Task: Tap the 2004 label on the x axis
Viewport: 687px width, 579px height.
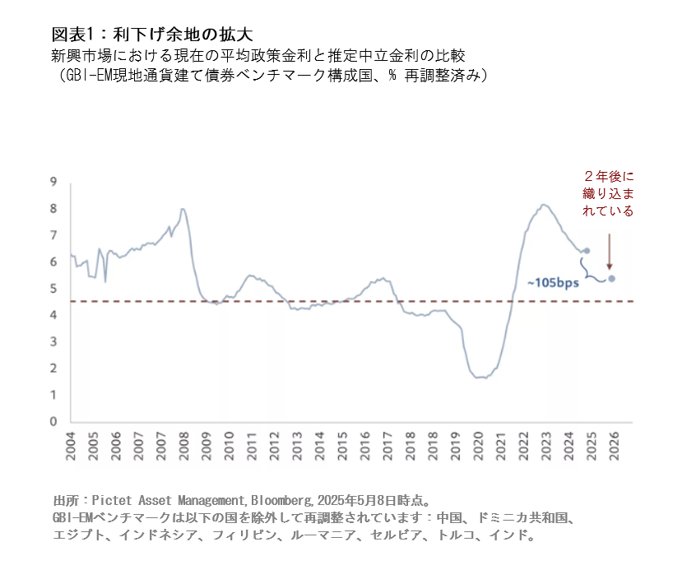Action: pyautogui.click(x=70, y=447)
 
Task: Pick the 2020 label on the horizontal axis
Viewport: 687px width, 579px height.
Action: pyautogui.click(x=478, y=447)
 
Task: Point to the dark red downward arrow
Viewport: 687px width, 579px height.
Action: pyautogui.click(x=610, y=251)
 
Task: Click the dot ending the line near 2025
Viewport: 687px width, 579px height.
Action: pyautogui.click(x=586, y=251)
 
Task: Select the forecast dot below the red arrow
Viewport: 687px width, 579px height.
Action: pyautogui.click(x=611, y=278)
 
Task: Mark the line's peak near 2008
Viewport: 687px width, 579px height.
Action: pyautogui.click(x=182, y=210)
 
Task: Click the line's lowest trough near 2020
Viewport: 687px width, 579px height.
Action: pyautogui.click(x=480, y=378)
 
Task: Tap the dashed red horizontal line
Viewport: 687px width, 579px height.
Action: pyautogui.click(x=329, y=301)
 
